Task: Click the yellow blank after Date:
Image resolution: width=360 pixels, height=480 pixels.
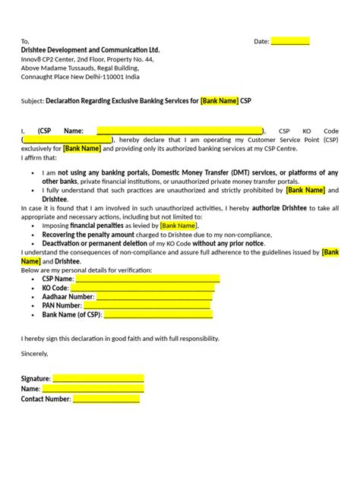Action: click(x=290, y=41)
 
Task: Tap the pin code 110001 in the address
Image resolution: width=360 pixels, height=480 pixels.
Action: click(x=117, y=77)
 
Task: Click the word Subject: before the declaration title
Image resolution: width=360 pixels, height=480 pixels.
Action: click(x=32, y=100)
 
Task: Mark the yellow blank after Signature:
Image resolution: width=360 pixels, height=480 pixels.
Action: click(x=98, y=378)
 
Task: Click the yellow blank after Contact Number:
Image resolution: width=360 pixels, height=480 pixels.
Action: click(x=106, y=398)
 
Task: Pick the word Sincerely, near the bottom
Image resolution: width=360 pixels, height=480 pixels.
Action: click(x=34, y=353)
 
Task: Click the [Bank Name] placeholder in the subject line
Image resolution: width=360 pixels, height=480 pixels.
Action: click(x=219, y=100)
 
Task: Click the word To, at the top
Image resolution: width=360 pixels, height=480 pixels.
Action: click(x=25, y=41)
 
